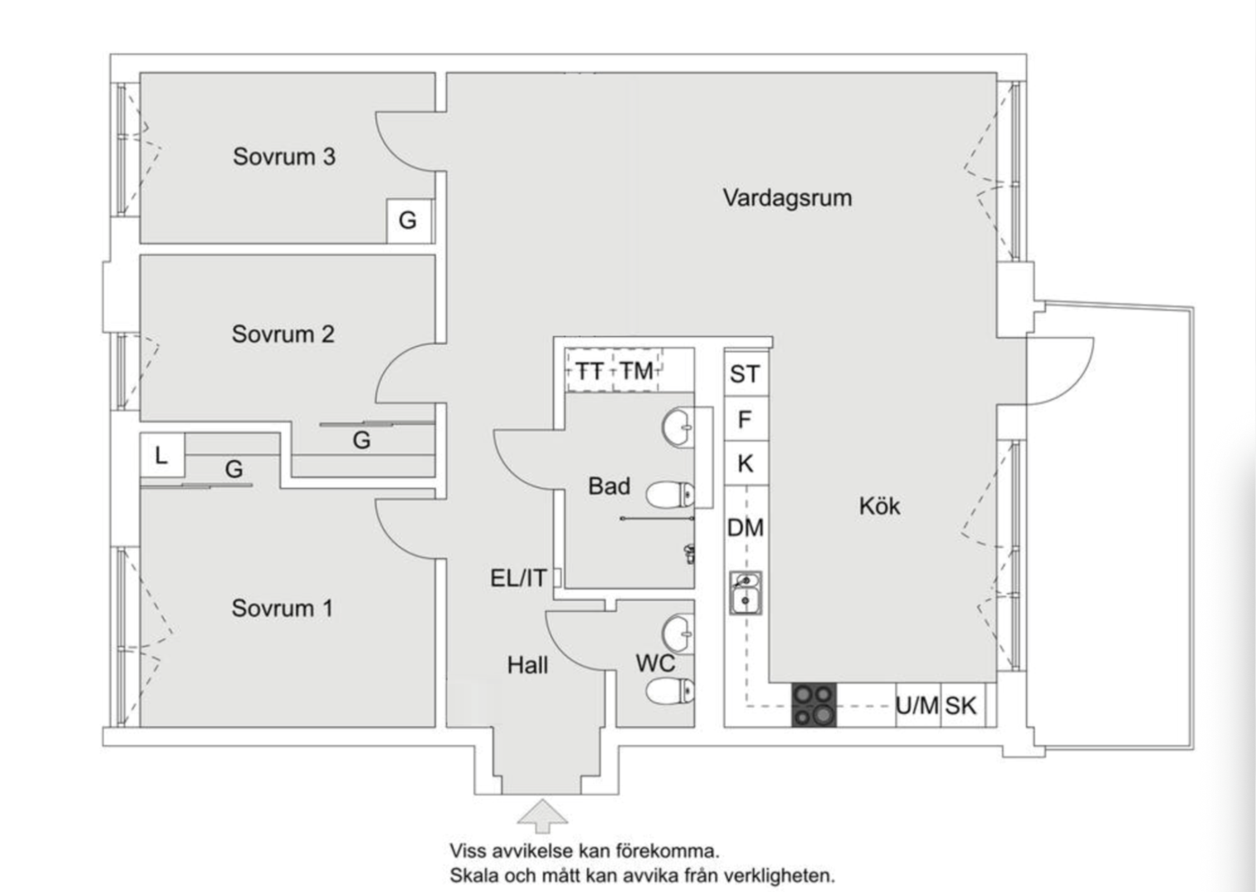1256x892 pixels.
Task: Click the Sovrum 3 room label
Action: (x=283, y=157)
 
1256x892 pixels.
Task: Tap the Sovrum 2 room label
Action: (x=283, y=334)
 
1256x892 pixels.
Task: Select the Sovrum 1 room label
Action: (x=282, y=609)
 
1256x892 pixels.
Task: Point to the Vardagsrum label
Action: (x=787, y=198)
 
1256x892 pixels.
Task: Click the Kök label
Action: (x=878, y=505)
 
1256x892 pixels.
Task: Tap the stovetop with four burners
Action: (x=814, y=705)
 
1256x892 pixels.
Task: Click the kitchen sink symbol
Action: (x=745, y=593)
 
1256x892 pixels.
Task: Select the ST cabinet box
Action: (x=745, y=374)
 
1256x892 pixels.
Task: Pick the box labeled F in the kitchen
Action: (x=745, y=420)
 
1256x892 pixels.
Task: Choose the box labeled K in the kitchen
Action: (x=745, y=464)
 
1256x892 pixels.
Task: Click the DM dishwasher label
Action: (x=745, y=527)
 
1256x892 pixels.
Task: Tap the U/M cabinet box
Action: (x=917, y=705)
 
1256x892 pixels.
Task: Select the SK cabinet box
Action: (x=961, y=705)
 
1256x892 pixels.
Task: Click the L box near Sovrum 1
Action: (x=161, y=454)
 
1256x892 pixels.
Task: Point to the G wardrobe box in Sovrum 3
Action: (x=407, y=221)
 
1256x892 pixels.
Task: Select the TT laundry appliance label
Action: (x=589, y=371)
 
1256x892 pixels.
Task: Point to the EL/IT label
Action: (x=518, y=578)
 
